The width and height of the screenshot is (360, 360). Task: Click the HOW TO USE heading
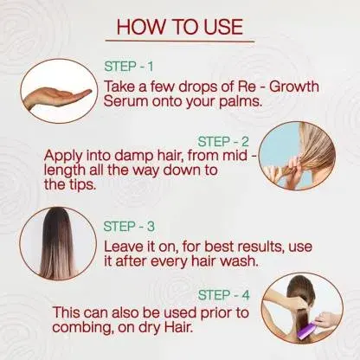click(180, 27)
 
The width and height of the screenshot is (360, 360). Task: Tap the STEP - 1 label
click(129, 67)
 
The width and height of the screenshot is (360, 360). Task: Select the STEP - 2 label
click(223, 141)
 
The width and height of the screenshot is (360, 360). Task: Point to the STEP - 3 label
click(129, 227)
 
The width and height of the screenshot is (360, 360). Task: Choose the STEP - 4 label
click(223, 295)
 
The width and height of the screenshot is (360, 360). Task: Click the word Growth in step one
click(294, 87)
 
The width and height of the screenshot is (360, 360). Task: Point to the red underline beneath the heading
click(180, 41)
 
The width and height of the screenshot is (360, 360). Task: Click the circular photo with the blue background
click(297, 156)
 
